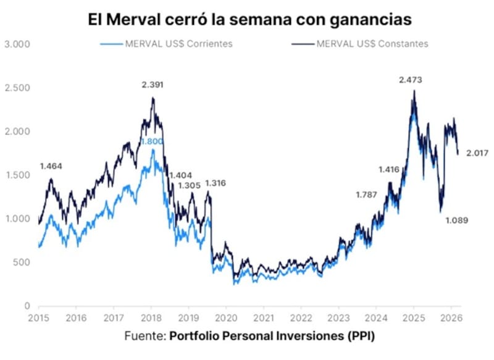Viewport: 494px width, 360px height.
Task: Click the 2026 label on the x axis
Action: click(450, 319)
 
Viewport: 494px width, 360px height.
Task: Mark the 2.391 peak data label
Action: click(152, 85)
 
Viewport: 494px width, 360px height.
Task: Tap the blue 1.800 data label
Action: click(151, 141)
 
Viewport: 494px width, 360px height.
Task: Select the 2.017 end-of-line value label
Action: click(478, 153)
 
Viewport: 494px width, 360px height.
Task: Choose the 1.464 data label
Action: click(51, 166)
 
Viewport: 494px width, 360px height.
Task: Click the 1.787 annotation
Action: click(366, 195)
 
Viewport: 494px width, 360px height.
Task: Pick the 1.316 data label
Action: click(216, 183)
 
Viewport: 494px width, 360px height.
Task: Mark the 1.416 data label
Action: click(390, 169)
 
